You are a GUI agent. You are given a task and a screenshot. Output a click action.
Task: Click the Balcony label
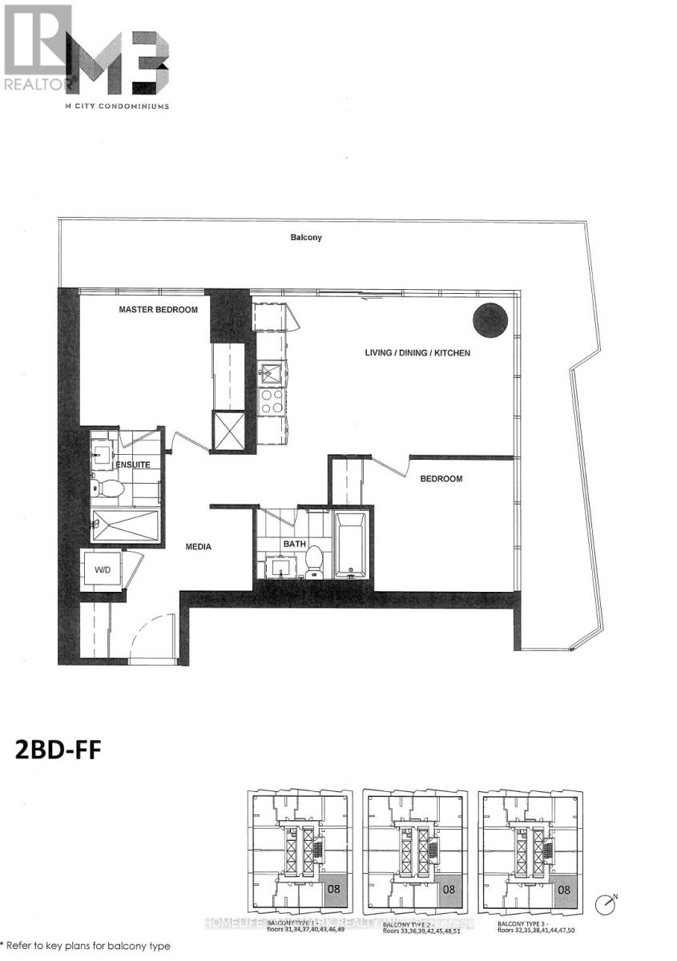[x=307, y=238]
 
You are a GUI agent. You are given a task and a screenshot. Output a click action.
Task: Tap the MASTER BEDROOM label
[x=159, y=309]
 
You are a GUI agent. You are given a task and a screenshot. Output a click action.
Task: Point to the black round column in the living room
[x=490, y=322]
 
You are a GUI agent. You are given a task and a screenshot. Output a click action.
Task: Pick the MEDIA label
[x=198, y=547]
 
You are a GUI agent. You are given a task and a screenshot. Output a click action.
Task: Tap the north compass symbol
[x=607, y=906]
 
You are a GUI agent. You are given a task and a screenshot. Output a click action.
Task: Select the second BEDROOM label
[x=441, y=479]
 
